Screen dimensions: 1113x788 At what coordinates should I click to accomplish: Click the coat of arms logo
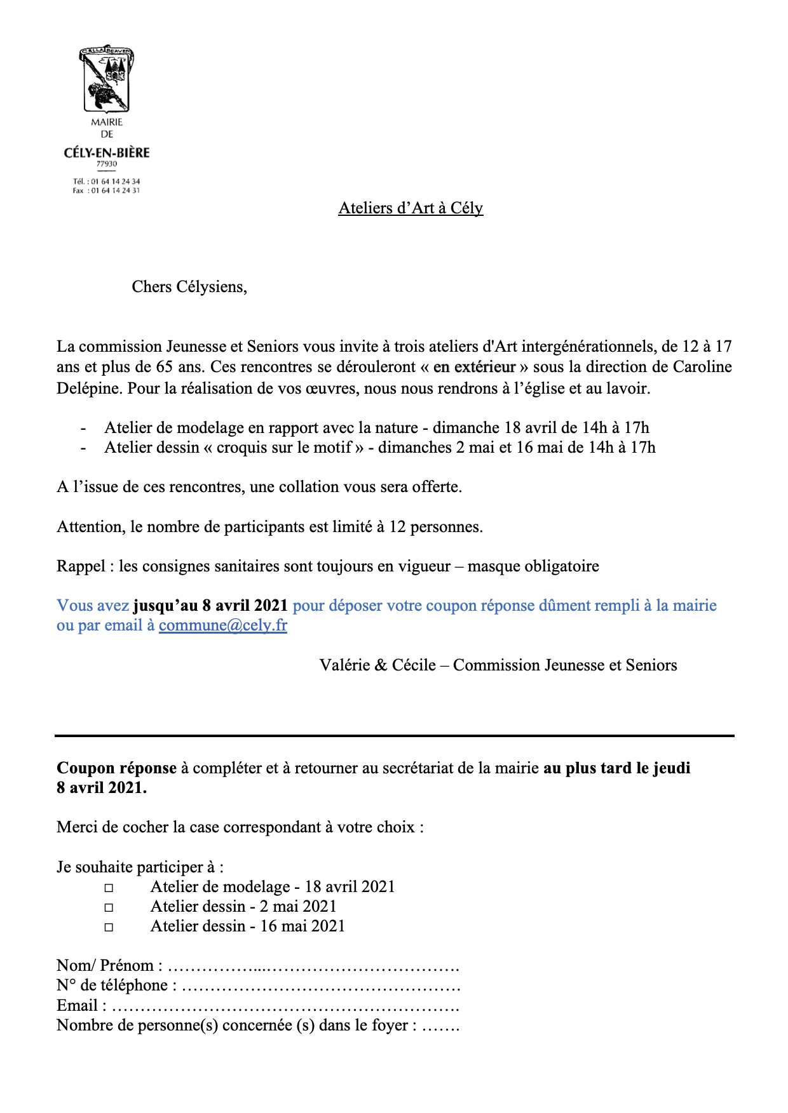pyautogui.click(x=106, y=79)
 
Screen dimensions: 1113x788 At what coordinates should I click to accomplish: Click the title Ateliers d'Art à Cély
pyautogui.click(x=411, y=208)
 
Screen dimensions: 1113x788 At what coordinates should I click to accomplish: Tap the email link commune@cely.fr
pyautogui.click(x=222, y=625)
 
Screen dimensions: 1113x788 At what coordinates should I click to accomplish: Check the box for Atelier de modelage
pyautogui.click(x=109, y=888)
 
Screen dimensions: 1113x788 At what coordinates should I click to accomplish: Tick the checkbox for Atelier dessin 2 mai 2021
pyautogui.click(x=109, y=907)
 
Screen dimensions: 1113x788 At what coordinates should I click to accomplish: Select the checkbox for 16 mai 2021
pyautogui.click(x=109, y=927)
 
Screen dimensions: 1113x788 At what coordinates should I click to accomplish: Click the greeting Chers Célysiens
pyautogui.click(x=189, y=287)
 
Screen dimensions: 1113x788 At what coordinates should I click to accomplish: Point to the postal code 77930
pyautogui.click(x=107, y=164)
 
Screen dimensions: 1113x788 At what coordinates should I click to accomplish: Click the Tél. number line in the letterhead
pyautogui.click(x=107, y=182)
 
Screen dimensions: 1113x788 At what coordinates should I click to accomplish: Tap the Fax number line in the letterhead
pyautogui.click(x=107, y=190)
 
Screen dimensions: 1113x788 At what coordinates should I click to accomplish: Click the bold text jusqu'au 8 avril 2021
pyautogui.click(x=210, y=606)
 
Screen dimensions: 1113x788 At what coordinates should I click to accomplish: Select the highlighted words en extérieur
pyautogui.click(x=474, y=367)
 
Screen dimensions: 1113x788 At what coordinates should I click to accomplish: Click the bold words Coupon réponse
pyautogui.click(x=116, y=768)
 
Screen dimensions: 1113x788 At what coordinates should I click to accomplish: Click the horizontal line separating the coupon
pyautogui.click(x=394, y=736)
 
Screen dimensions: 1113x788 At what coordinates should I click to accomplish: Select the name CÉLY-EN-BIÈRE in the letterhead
pyautogui.click(x=107, y=153)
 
